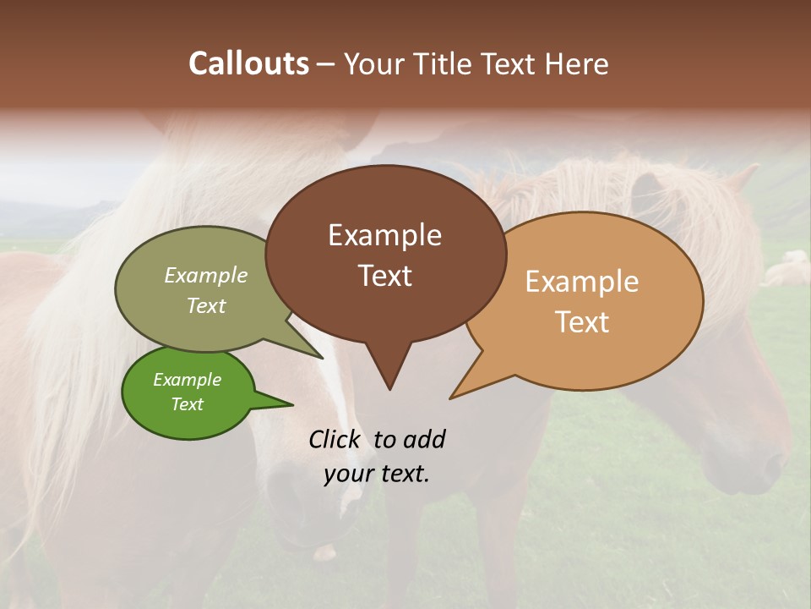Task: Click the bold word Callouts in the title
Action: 248,63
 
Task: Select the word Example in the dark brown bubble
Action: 384,235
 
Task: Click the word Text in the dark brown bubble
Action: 384,276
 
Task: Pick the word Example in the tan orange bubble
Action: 582,282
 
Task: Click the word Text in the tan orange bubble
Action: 582,322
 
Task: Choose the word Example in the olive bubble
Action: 206,275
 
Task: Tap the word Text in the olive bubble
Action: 206,305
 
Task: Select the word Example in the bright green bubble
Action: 187,380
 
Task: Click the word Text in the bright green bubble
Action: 187,404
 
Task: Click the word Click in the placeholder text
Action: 335,439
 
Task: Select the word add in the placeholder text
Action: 424,439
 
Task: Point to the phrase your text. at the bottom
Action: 377,474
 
